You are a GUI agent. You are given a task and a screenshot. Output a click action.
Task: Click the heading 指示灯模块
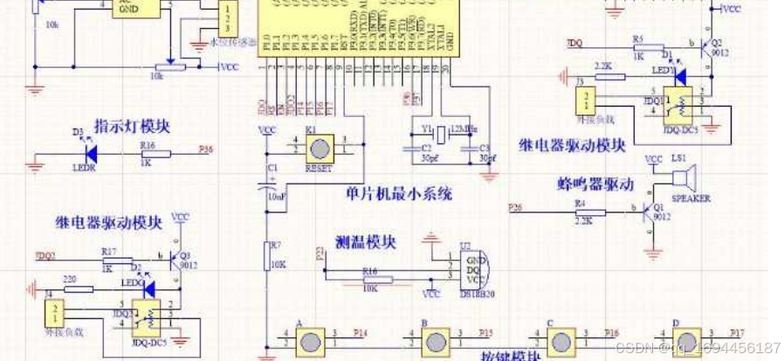pos(132,126)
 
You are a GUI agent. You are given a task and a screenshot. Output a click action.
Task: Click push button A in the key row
pos(311,341)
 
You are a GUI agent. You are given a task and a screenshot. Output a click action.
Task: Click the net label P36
pos(205,149)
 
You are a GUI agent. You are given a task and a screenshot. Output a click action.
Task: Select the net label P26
pos(515,206)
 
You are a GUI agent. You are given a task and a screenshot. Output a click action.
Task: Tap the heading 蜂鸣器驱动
pos(594,184)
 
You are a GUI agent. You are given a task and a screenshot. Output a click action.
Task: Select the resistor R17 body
pos(110,258)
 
